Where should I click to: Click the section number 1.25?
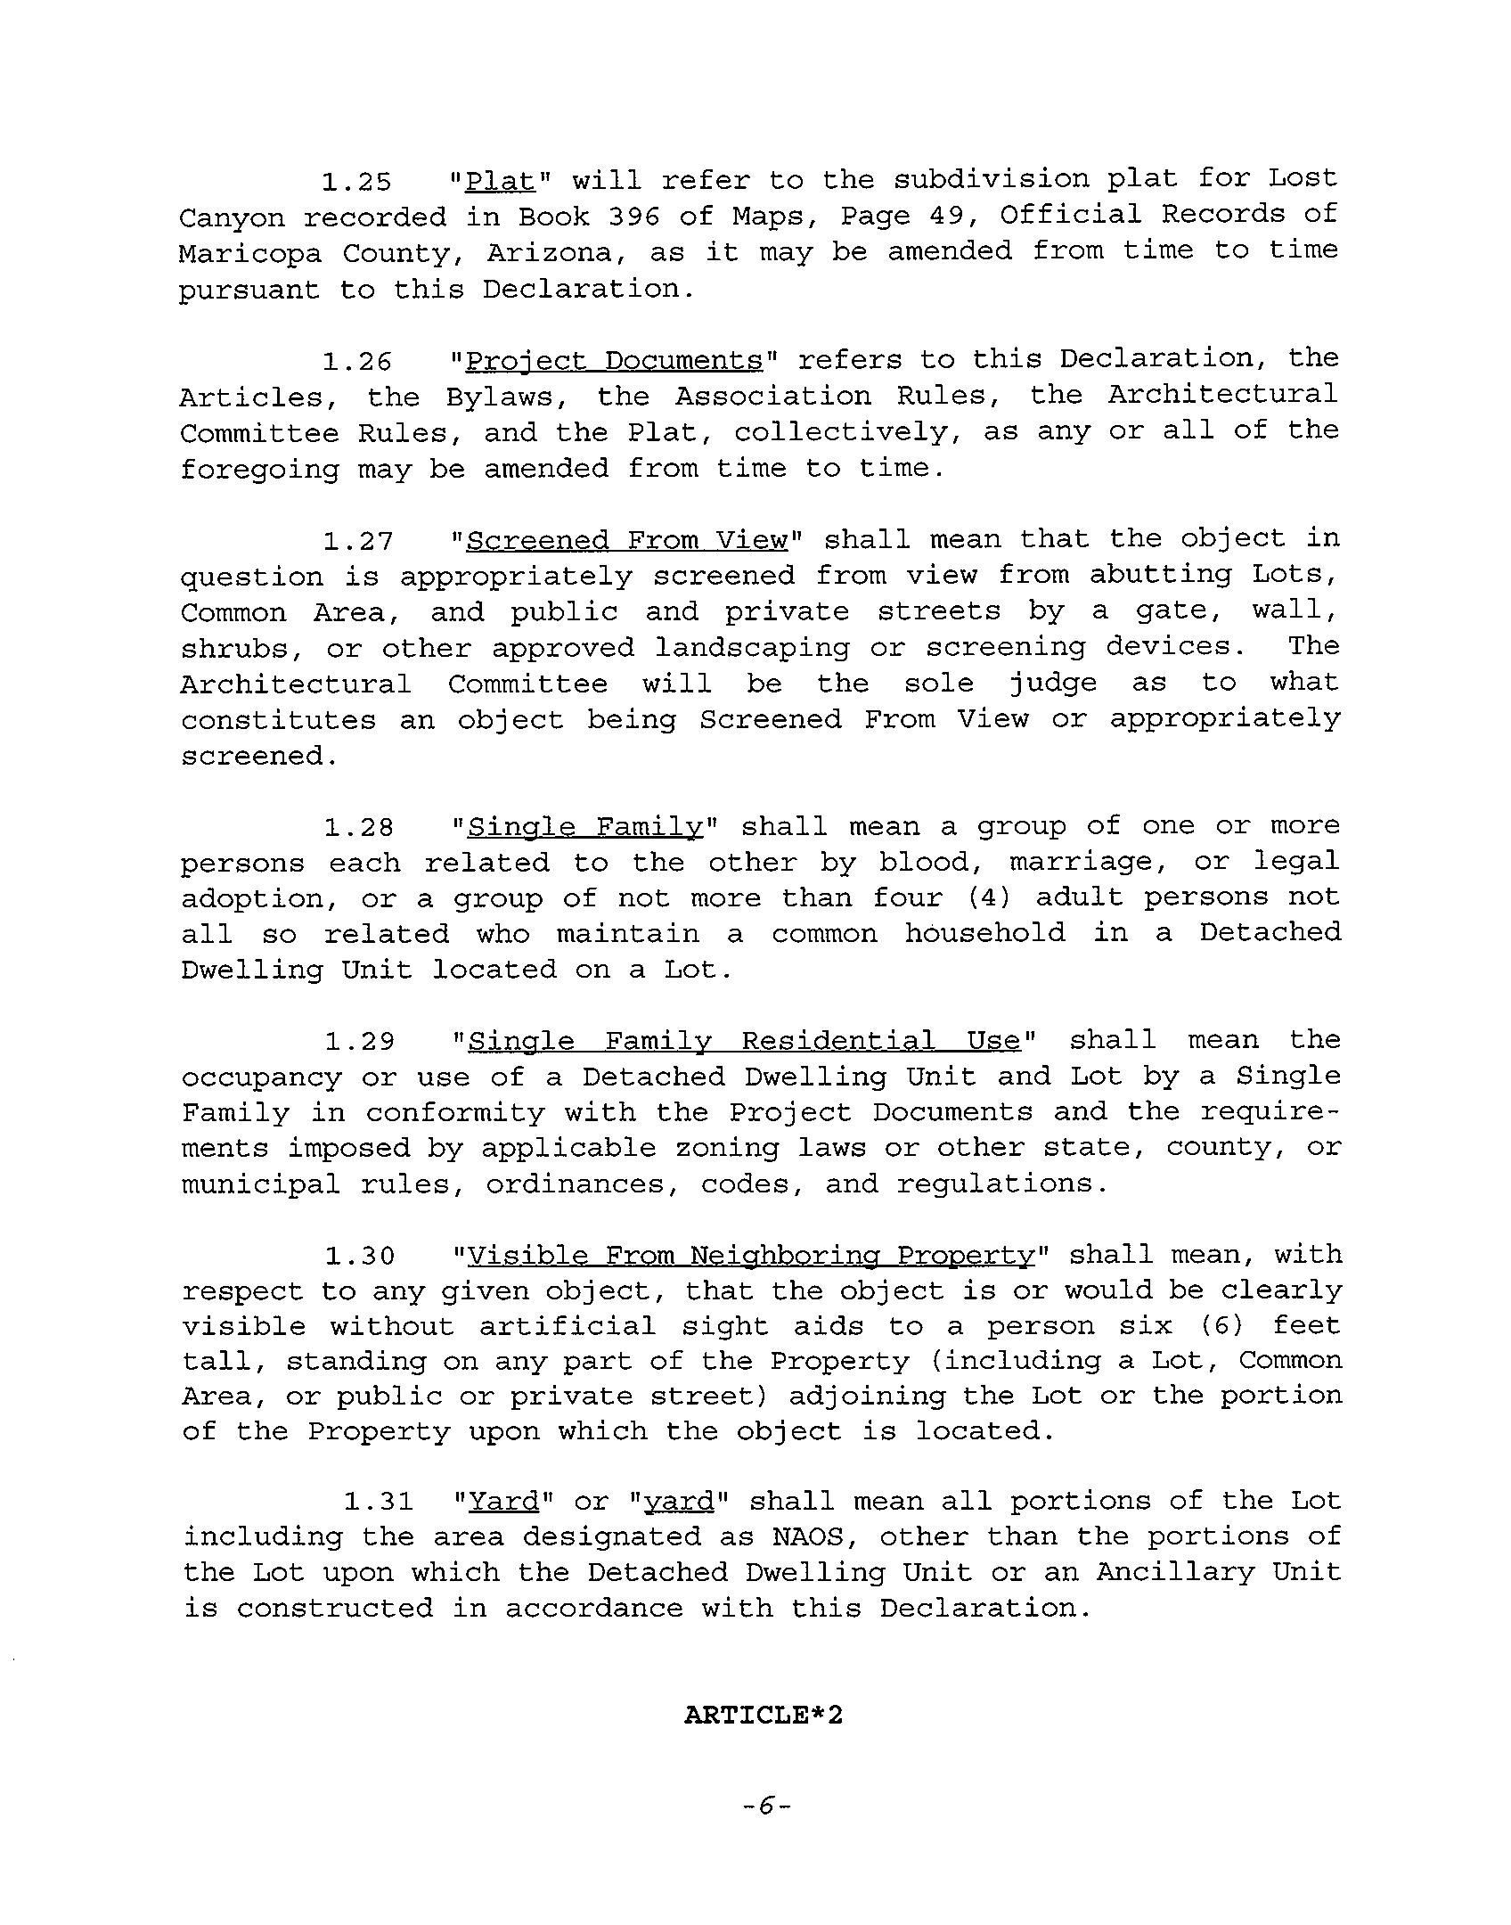356,182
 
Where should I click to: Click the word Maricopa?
250,253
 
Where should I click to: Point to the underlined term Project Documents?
615,361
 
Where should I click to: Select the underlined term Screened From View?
628,541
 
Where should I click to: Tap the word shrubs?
234,649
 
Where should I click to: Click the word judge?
1052,684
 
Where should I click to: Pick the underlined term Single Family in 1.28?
585,828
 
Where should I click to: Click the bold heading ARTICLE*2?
763,1716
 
